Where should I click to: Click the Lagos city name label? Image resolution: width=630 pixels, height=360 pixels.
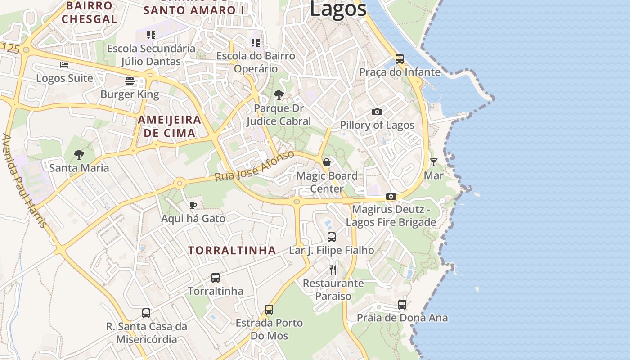(x=338, y=9)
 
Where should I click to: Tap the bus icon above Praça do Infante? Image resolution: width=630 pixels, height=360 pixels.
(x=399, y=58)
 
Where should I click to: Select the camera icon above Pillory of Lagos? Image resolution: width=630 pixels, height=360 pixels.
(x=377, y=112)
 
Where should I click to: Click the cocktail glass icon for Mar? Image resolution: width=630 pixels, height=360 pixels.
(x=433, y=162)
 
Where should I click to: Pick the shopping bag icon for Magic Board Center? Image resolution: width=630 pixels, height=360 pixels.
(x=327, y=162)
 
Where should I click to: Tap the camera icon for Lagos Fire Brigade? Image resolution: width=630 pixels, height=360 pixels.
(x=391, y=197)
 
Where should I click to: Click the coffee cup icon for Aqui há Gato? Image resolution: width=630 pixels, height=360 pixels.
(x=193, y=206)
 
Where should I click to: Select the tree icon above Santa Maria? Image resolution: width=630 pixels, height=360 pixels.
(x=79, y=155)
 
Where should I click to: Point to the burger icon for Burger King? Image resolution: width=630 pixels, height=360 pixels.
(x=130, y=81)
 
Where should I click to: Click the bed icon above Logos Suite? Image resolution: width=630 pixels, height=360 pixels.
(x=64, y=65)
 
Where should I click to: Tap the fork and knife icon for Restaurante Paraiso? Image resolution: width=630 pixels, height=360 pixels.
(x=333, y=270)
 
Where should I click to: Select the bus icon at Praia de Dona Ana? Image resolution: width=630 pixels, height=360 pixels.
(x=402, y=305)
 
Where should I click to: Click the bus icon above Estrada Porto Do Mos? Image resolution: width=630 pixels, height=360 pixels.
(x=269, y=310)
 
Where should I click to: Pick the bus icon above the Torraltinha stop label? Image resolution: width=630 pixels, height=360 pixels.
(x=216, y=278)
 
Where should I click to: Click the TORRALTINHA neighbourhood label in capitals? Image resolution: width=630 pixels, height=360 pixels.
(x=232, y=251)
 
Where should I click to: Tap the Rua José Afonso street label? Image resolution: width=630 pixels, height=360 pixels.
(x=255, y=166)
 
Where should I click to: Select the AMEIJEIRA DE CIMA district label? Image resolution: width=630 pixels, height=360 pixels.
(x=169, y=126)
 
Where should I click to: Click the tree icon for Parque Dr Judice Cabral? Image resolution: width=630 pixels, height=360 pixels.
(x=279, y=95)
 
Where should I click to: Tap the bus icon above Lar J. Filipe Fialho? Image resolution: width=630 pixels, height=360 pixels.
(x=332, y=237)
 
